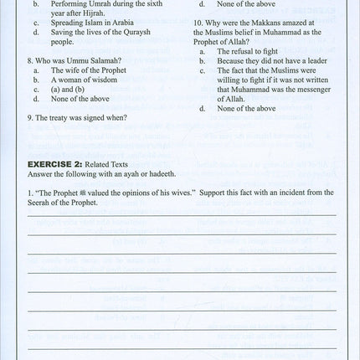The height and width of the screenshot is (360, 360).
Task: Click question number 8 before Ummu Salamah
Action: click(30, 61)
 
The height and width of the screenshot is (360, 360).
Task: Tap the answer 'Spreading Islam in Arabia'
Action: click(87, 23)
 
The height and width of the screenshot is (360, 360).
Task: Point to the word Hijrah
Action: click(115, 13)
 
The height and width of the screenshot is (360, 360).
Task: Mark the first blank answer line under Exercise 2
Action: click(181, 215)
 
